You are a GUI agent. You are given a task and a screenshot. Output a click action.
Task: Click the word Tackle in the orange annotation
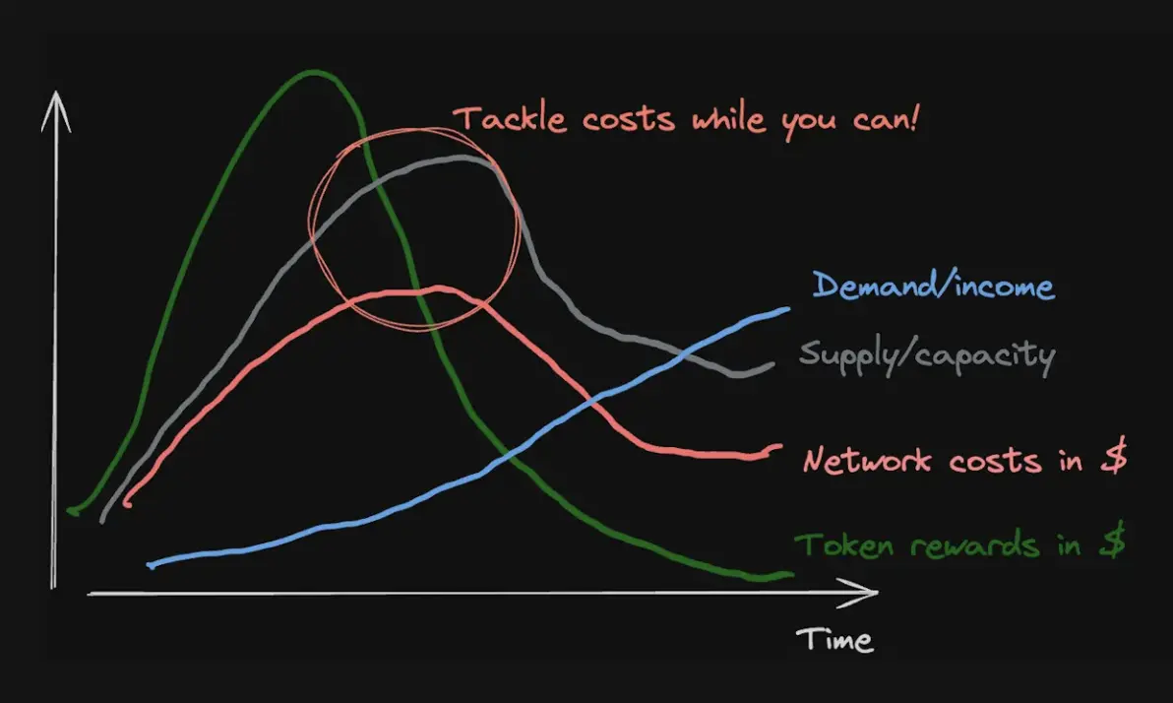(x=510, y=119)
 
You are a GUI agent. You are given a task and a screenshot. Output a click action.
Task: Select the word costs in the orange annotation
(x=629, y=120)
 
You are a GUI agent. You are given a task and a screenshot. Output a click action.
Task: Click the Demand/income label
(x=934, y=286)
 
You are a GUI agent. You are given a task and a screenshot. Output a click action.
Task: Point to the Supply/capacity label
(x=927, y=354)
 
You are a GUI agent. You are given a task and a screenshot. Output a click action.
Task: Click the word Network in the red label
(x=867, y=460)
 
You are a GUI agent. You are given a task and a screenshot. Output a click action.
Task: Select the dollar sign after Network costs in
(x=1114, y=457)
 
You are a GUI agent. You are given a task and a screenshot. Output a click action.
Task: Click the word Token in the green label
(x=844, y=545)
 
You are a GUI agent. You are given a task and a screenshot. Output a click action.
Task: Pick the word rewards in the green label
(x=975, y=545)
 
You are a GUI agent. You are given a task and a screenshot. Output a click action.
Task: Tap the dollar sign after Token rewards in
(x=1112, y=541)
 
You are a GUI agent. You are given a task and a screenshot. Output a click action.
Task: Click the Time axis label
(x=834, y=640)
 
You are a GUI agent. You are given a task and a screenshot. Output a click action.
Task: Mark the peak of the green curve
(x=314, y=72)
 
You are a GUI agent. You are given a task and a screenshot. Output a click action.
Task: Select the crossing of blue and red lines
(x=592, y=403)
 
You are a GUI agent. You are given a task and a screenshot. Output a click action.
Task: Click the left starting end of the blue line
(x=151, y=565)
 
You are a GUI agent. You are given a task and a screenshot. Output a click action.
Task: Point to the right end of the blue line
(x=787, y=308)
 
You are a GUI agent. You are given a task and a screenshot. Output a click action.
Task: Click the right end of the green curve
(x=791, y=574)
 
